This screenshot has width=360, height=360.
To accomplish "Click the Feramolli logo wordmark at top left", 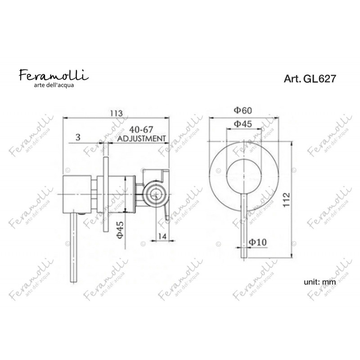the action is tap(54, 75).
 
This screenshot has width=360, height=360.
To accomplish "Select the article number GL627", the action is tap(319, 79).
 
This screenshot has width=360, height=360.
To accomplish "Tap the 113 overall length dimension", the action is tap(117, 113).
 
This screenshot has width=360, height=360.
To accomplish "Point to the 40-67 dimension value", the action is tap(141, 130).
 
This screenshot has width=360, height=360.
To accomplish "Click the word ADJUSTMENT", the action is tap(141, 139).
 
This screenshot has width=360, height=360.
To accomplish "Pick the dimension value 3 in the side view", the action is tap(78, 137).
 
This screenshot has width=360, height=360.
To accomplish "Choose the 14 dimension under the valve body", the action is tap(162, 237).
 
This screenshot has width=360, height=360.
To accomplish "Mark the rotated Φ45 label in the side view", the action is tap(120, 229).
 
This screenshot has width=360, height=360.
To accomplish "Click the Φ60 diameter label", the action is tap(243, 110).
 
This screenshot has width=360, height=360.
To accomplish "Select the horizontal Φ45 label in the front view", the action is tap(243, 124).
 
